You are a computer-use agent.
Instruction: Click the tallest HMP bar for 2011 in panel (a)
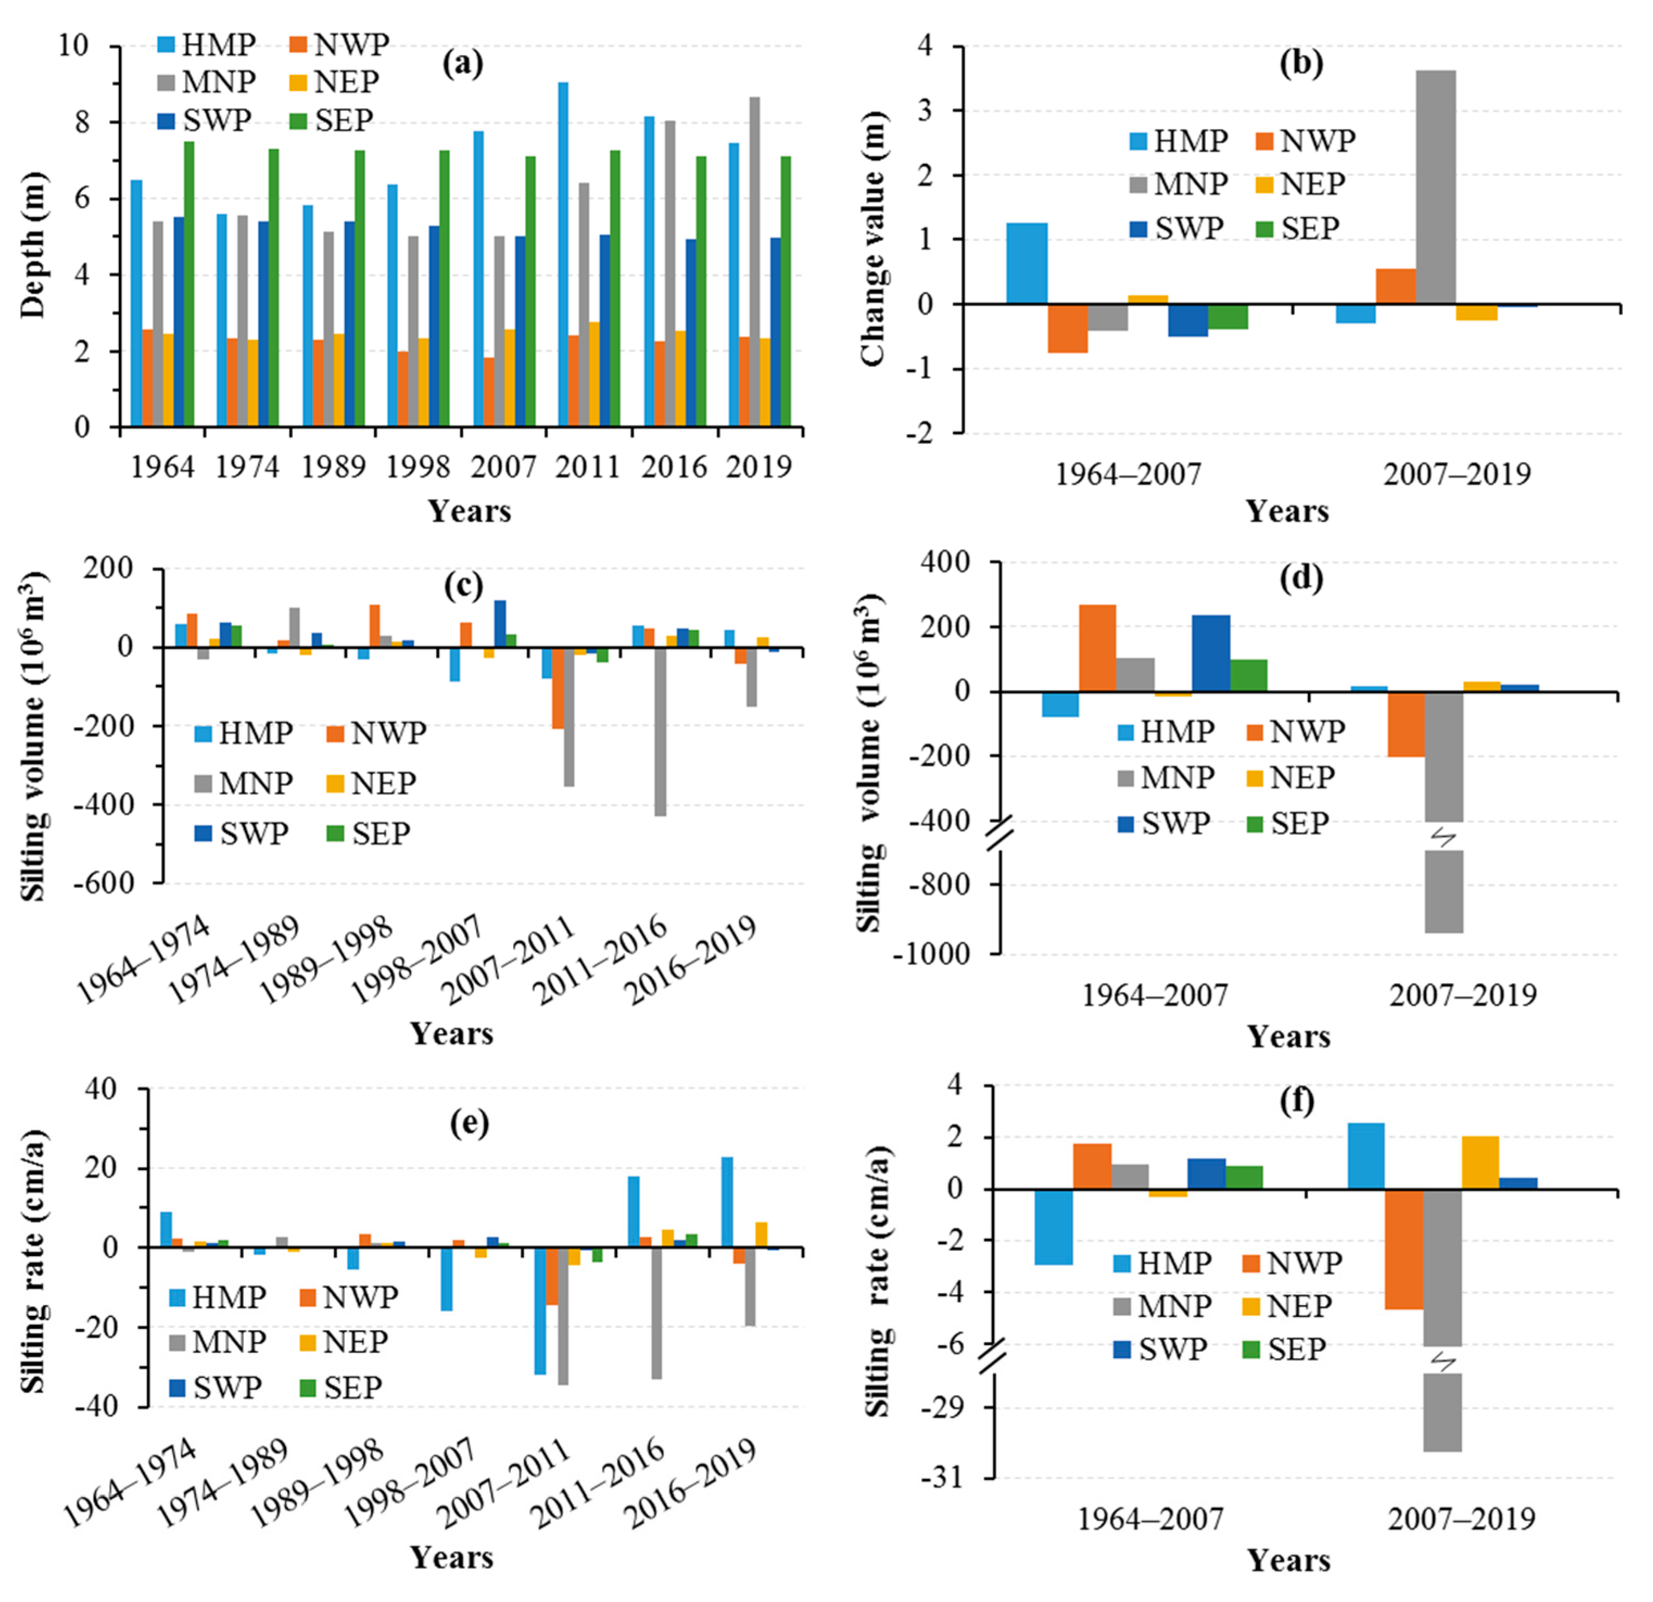pos(562,253)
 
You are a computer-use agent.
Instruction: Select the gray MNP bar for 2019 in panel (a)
pos(754,262)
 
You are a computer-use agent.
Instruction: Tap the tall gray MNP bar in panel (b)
pos(1435,186)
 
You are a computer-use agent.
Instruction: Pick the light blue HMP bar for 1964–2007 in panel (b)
pos(1027,263)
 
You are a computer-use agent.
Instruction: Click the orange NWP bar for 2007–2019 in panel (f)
pos(1403,1249)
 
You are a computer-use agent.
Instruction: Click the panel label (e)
pos(469,1123)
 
